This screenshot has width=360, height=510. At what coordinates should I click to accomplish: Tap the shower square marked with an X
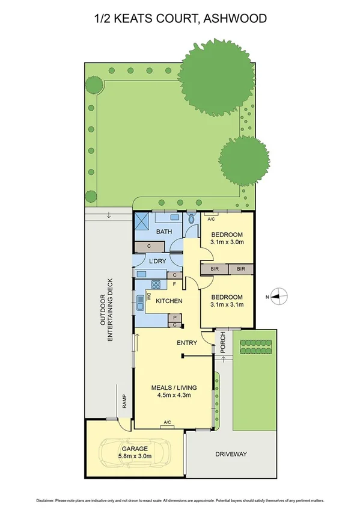click(142, 221)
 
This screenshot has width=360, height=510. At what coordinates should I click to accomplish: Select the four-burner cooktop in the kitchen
click(156, 285)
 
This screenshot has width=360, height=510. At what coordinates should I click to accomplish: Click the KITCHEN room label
click(169, 301)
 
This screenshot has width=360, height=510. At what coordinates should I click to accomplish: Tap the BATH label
click(165, 232)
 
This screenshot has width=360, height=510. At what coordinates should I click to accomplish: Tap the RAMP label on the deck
click(124, 400)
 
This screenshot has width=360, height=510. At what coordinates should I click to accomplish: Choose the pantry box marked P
click(174, 318)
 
